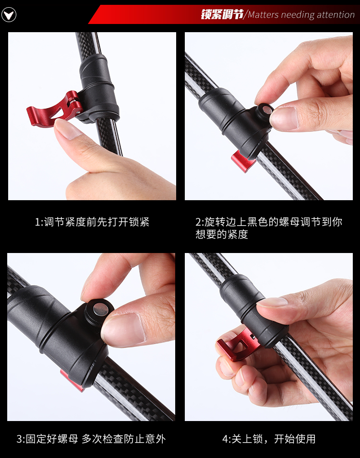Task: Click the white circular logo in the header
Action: (x=9, y=14)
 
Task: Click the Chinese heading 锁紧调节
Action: (x=222, y=14)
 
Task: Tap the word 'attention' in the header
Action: (x=336, y=14)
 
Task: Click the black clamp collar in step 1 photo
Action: (x=99, y=88)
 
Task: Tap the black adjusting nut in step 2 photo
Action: (x=264, y=111)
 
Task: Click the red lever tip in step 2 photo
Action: (x=242, y=161)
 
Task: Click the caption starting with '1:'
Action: (x=92, y=222)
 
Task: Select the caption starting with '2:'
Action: (x=269, y=228)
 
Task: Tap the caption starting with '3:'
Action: (x=91, y=439)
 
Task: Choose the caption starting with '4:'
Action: (x=269, y=439)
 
